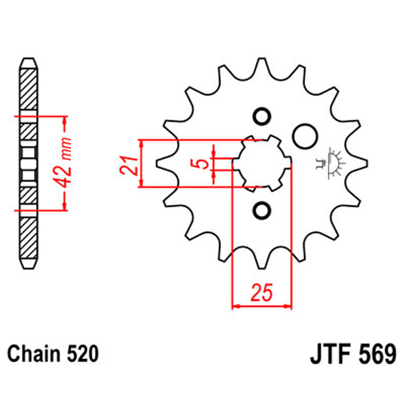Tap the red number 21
pyautogui.click(x=127, y=164)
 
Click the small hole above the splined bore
pyautogui.click(x=262, y=117)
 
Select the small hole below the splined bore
pyautogui.click(x=262, y=209)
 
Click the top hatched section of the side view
pyautogui.click(x=28, y=89)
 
